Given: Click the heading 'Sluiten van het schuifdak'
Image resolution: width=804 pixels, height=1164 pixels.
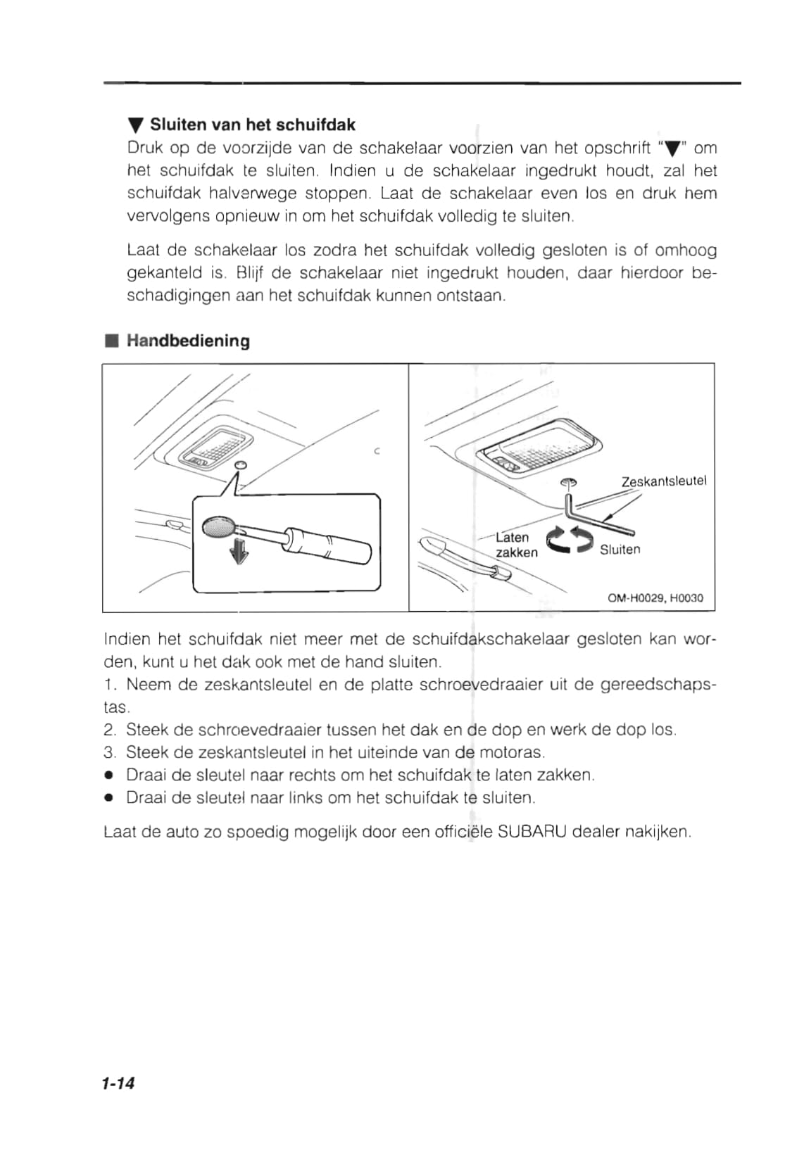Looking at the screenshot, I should [x=252, y=125].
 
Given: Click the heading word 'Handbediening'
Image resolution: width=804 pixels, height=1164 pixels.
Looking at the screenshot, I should [x=188, y=341].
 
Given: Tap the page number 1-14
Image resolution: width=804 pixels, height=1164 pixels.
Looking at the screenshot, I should [x=118, y=1083].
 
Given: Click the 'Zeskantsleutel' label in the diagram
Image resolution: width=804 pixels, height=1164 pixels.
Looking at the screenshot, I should [x=663, y=481].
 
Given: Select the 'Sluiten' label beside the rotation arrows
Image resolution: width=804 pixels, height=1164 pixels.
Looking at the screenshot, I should [x=620, y=550].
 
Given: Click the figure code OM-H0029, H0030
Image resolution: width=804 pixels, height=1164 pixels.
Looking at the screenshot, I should [x=655, y=598].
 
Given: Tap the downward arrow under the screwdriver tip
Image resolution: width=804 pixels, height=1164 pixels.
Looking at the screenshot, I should [x=240, y=551].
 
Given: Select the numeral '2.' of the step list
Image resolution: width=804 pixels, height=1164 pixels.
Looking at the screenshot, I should [x=110, y=730].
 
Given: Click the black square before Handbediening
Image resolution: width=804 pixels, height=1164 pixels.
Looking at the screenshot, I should [x=110, y=341].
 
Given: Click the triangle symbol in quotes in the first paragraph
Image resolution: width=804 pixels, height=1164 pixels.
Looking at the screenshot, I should [x=673, y=148].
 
